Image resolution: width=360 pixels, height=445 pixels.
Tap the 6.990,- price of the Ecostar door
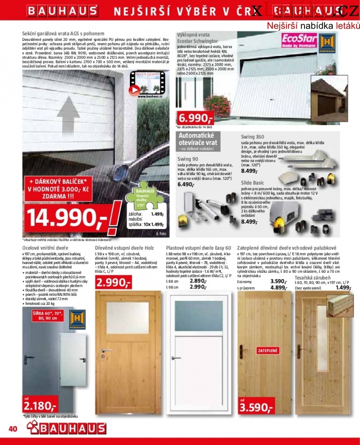195,118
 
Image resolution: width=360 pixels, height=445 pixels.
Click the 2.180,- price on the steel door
40,405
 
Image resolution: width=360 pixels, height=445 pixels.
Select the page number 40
13,428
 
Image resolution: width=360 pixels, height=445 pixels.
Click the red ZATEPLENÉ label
268,350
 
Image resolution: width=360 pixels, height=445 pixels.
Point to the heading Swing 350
253,137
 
